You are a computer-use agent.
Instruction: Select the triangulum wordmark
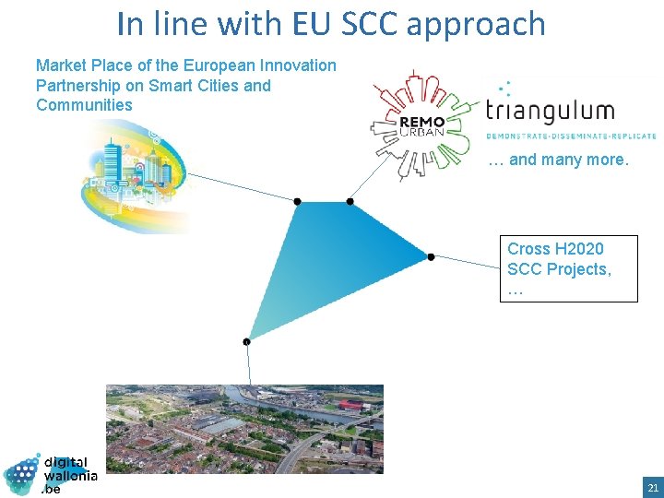(x=551, y=113)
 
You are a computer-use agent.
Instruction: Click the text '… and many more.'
(x=558, y=160)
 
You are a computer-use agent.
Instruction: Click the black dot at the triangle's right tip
(x=431, y=256)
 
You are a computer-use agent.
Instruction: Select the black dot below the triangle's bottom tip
(x=246, y=342)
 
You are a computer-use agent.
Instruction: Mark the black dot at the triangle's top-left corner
(x=297, y=201)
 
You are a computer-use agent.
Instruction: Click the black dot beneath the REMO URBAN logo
(x=350, y=201)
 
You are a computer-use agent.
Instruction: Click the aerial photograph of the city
(x=244, y=429)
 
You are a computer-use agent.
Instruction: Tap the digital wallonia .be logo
(x=51, y=473)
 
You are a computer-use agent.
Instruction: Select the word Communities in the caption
(x=84, y=105)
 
